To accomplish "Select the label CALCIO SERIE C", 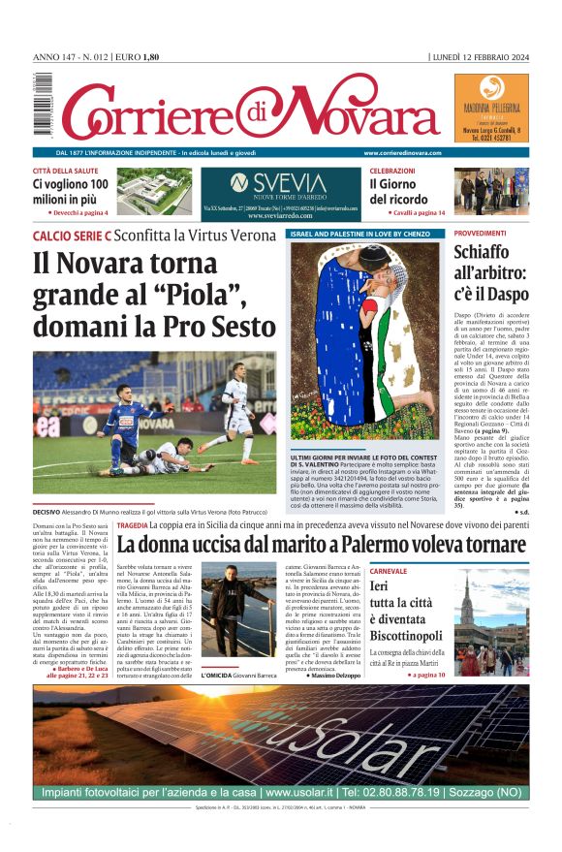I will click(x=73, y=236).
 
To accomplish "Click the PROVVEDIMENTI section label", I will click(x=481, y=234).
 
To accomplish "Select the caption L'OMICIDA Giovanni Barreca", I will click(x=237, y=675).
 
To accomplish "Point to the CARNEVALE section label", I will click(x=389, y=572).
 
